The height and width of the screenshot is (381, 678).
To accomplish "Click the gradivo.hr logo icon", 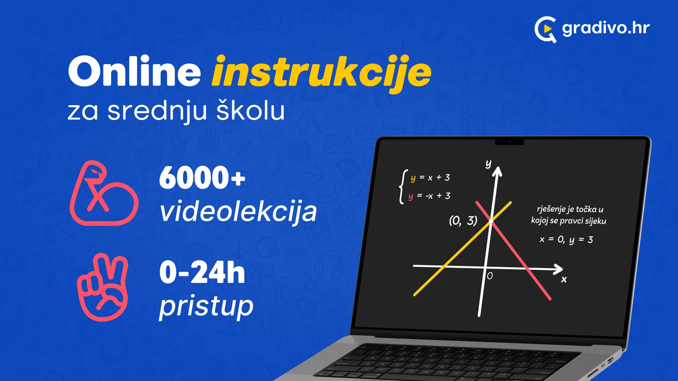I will pos(545,29).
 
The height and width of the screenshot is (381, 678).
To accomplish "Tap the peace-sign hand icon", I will pos(103,287).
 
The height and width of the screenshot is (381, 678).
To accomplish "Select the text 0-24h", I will pos(202,272).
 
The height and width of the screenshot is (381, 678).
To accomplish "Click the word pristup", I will pos(206,306).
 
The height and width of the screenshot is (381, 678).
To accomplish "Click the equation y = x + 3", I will pos(430,177).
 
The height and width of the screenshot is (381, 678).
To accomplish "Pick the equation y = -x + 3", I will pos(429,196).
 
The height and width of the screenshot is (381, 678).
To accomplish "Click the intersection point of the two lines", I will pos(491,221).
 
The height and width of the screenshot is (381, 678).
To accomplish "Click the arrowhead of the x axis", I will pos(558,269).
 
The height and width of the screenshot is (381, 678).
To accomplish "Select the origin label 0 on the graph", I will pos(490,276).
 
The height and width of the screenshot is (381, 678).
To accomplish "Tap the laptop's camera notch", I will pos(509,142).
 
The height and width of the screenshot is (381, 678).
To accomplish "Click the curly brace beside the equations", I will pos(402,187).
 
